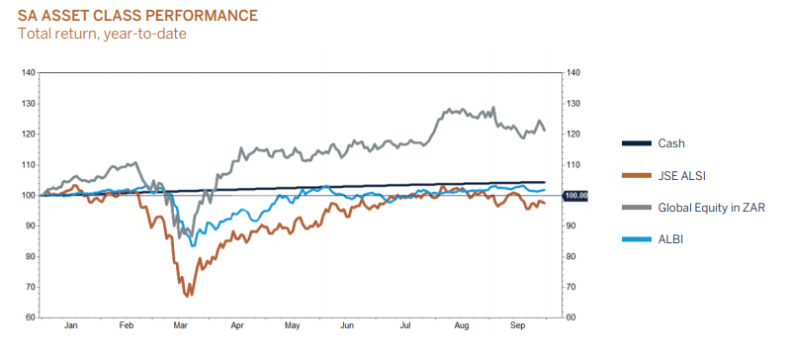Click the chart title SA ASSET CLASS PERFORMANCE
click(137, 16)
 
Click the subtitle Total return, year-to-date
click(102, 34)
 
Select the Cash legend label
click(671, 143)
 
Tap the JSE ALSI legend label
click(681, 175)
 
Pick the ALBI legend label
click(670, 239)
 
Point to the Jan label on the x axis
click(71, 325)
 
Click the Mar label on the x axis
click(181, 325)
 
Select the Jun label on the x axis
click(347, 325)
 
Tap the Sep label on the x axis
click(517, 325)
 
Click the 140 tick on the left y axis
click(29, 72)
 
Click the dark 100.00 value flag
click(574, 195)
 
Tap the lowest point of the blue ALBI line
click(193, 244)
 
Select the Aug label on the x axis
click(462, 325)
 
